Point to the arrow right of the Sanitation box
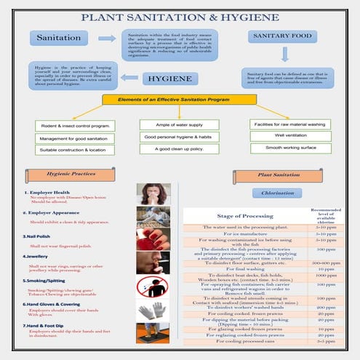[x=106, y=37]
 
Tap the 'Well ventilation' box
[x=284, y=135]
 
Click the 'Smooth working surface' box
[x=284, y=148]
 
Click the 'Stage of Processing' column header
[x=240, y=216]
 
